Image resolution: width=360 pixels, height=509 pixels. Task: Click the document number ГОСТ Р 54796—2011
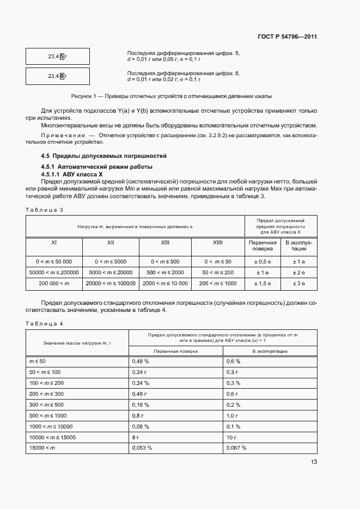coord(287,37)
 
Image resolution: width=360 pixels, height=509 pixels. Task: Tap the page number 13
coord(313,462)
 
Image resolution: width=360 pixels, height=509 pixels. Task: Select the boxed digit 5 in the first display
coord(62,56)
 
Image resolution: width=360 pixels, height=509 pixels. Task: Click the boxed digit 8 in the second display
coord(62,76)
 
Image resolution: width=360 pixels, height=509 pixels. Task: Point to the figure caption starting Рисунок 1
coord(170,96)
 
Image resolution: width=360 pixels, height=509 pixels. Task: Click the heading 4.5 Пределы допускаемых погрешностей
coord(103,156)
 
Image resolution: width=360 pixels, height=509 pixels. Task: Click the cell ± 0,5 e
coord(263,261)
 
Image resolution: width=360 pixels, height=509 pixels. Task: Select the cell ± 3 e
coord(299,283)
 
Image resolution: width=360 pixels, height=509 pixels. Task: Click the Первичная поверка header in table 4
coord(175,352)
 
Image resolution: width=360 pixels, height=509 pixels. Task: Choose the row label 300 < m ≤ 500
coord(46,404)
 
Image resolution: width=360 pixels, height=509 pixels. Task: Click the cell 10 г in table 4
coord(231,437)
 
